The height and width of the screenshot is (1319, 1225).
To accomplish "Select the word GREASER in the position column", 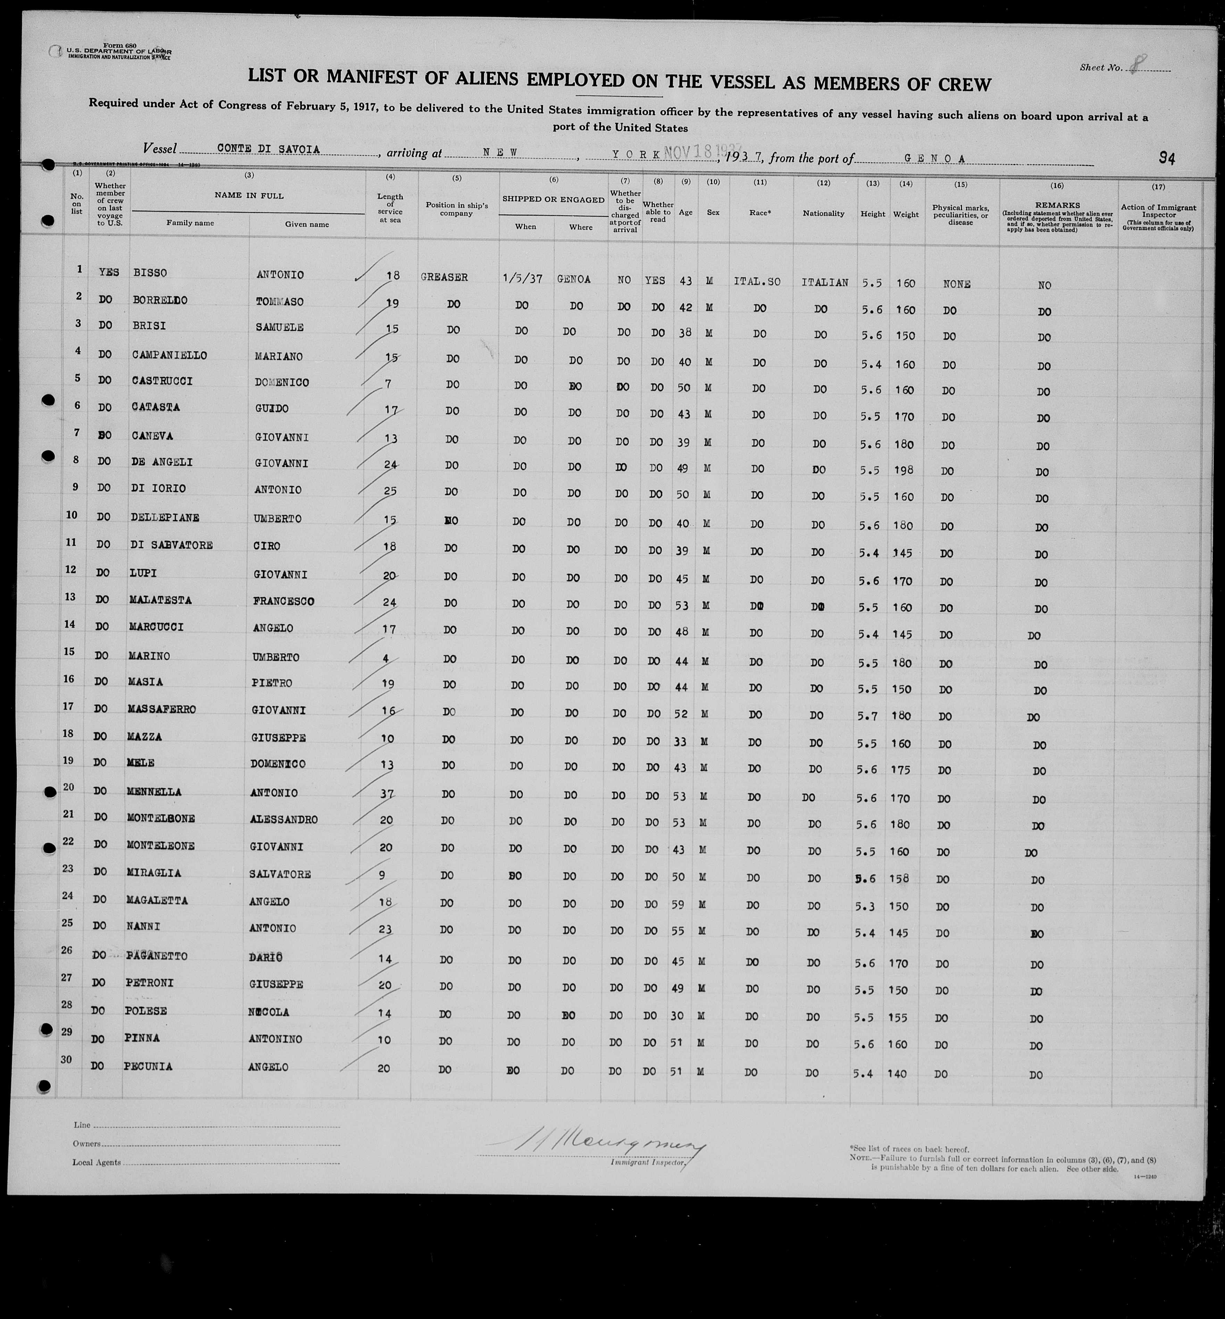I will (444, 277).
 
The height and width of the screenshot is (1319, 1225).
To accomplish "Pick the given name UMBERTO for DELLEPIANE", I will (277, 518).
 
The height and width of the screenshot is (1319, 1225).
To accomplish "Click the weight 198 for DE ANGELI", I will (903, 470).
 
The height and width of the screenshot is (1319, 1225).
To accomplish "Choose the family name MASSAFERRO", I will (162, 709).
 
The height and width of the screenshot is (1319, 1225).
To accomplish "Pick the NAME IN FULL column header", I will (249, 195).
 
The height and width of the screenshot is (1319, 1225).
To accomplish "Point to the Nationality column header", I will (823, 213).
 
